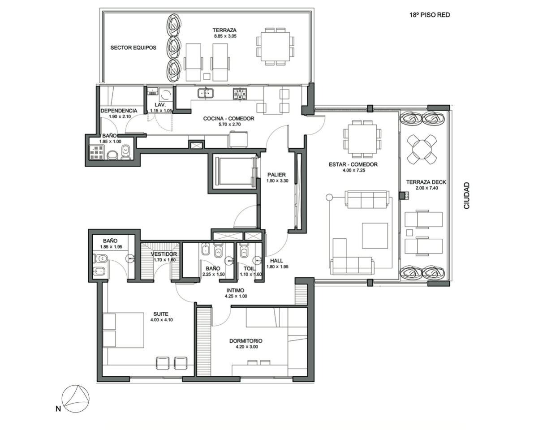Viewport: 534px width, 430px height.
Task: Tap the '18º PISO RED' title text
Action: click(x=430, y=15)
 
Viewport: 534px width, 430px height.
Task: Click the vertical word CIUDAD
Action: click(x=466, y=195)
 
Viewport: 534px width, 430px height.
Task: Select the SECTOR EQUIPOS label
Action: click(x=133, y=47)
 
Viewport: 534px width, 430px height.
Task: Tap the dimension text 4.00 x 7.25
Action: click(x=353, y=170)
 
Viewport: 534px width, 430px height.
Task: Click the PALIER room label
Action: click(x=276, y=175)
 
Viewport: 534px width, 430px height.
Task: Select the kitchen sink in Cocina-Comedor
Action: click(x=206, y=92)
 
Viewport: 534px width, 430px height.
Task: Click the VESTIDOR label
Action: click(x=164, y=254)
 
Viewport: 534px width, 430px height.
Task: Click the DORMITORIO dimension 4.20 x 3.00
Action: click(x=246, y=347)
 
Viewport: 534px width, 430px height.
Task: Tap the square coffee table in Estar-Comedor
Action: click(x=375, y=236)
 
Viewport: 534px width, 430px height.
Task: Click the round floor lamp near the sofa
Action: click(x=329, y=197)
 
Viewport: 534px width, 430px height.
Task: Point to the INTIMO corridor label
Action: click(x=235, y=290)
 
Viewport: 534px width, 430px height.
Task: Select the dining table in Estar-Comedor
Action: click(x=362, y=139)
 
